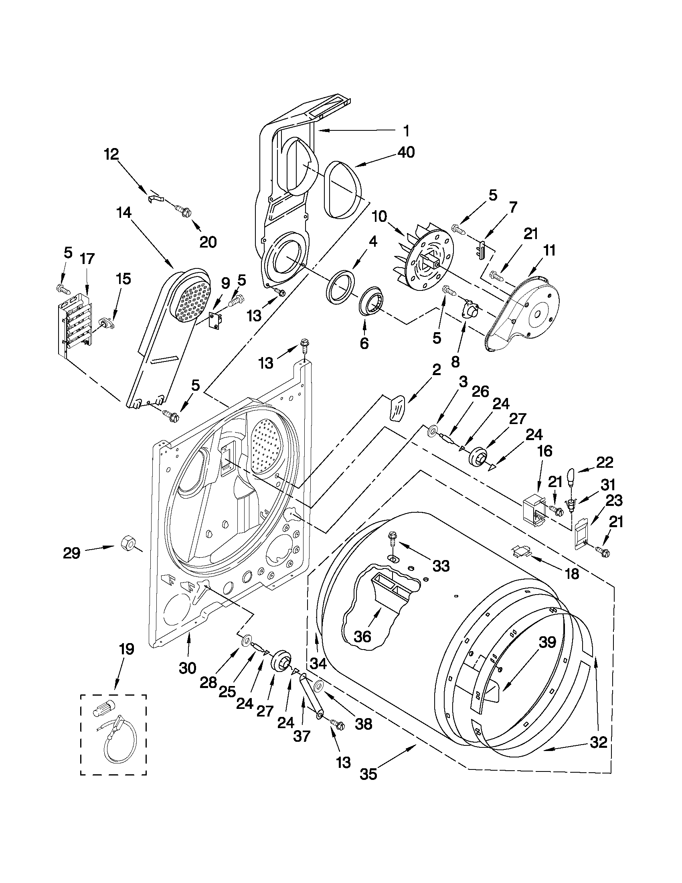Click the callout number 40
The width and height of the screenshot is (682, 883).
(406, 153)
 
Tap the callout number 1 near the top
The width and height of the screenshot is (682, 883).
(406, 131)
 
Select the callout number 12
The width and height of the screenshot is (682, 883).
(111, 154)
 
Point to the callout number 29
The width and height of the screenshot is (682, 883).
(71, 553)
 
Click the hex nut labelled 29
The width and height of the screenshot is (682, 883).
(128, 541)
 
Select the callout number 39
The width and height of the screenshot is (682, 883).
(547, 642)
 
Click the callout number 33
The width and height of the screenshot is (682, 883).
(441, 566)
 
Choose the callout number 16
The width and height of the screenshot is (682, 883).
(545, 451)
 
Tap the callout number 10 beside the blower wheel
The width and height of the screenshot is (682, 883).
(380, 217)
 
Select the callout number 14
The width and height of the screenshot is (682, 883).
(124, 213)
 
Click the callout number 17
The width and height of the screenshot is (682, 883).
(87, 259)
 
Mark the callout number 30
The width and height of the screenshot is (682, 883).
(188, 668)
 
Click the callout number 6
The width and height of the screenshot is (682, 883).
(364, 343)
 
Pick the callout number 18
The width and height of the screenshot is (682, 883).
(572, 573)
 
